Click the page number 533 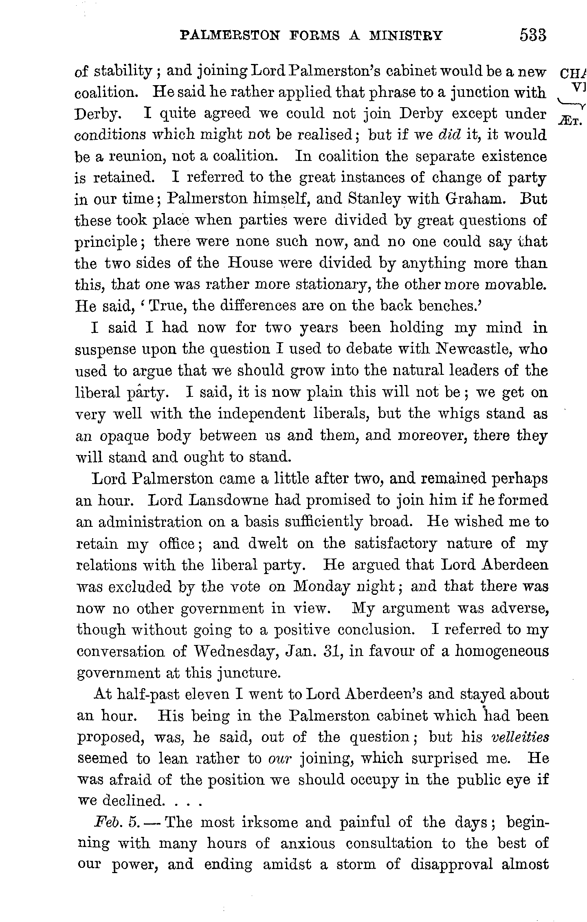pos(532,35)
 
